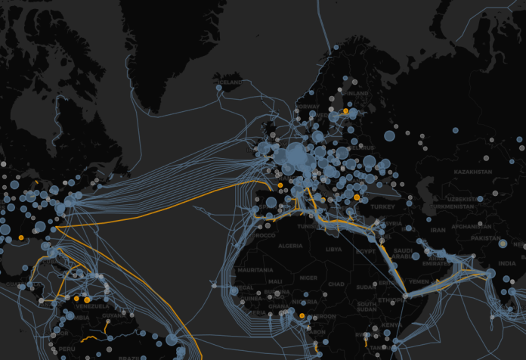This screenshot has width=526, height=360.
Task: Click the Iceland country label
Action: [231, 82]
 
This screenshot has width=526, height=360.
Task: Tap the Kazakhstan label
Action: [474, 172]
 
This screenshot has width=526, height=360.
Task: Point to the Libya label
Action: [333, 249]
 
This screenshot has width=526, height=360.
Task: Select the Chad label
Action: [337, 284]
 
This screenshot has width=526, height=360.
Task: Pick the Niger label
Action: [308, 278]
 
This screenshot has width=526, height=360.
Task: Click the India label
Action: [506, 263]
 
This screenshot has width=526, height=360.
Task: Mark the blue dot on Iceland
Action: [218, 88]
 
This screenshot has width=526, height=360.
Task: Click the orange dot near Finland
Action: [345, 111]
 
